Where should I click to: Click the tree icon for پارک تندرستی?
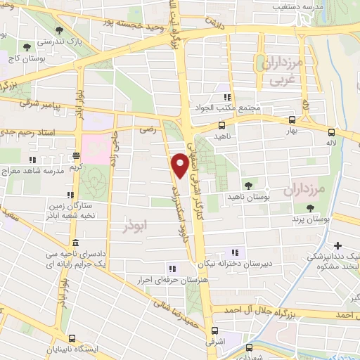coord(56,30)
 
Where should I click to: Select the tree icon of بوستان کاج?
coord(27,47)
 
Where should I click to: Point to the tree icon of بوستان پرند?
coord(309,207)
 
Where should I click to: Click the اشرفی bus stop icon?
coord(214,330)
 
